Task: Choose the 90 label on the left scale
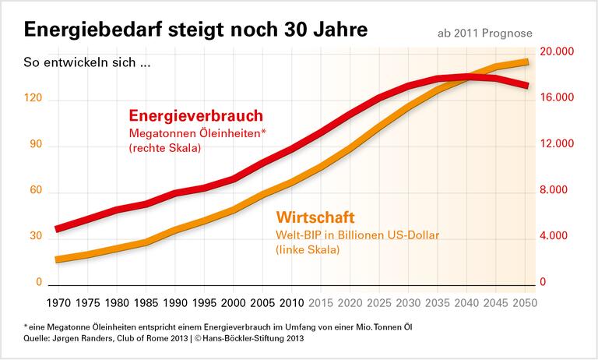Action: tap(34, 146)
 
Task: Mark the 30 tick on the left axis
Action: tap(34, 236)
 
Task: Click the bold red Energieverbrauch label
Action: tap(195, 116)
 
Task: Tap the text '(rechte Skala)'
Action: tap(164, 148)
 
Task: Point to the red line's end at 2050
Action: tap(528, 85)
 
